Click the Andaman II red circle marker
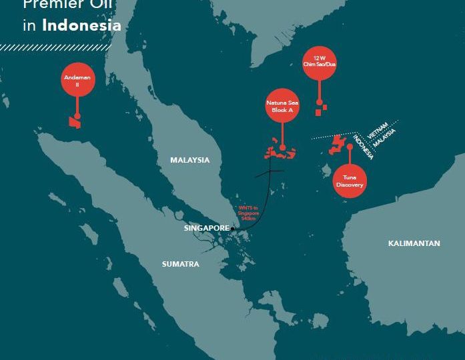point(77,81)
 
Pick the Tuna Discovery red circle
point(349,181)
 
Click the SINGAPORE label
point(206,228)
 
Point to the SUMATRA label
point(180,264)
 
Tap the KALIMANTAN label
point(414,243)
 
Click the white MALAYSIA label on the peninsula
point(189,160)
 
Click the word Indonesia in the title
point(81,26)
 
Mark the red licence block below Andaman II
point(73,122)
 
